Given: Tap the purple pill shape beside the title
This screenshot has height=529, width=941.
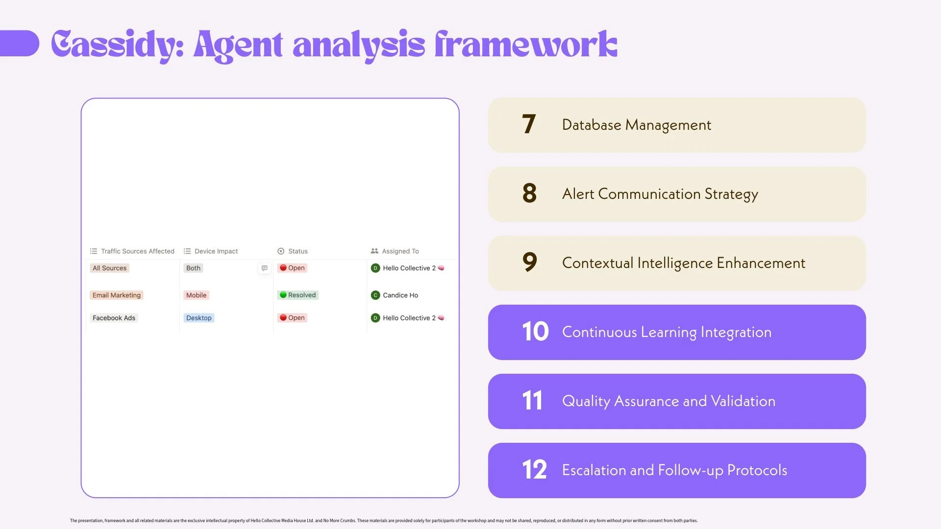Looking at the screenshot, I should point(20,44).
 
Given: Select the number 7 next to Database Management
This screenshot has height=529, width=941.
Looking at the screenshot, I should point(528,124).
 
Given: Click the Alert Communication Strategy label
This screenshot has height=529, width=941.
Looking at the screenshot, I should point(660,194).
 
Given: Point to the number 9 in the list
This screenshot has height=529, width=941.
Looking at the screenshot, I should point(529,263).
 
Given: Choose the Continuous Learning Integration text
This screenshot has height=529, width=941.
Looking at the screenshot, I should point(667,332).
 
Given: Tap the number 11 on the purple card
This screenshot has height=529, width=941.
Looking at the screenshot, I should point(532,401).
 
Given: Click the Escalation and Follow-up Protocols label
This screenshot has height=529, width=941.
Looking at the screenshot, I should point(674,470).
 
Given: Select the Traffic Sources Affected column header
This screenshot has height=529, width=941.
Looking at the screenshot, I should point(137,251).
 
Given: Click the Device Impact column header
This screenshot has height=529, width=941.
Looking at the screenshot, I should point(216,251).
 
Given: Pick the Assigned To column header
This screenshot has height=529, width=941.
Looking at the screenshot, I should point(400,251).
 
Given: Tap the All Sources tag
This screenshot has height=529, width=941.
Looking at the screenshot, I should point(109,268).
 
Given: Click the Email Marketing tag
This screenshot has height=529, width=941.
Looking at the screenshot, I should point(117,295).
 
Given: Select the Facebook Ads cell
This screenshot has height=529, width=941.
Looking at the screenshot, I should point(114,318).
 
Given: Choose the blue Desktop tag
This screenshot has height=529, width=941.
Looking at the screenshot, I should point(198,318).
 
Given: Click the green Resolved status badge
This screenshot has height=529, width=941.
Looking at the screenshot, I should point(297,295).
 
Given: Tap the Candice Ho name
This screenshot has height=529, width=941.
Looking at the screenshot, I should point(400,295).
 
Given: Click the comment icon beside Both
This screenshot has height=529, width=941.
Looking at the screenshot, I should point(264,268).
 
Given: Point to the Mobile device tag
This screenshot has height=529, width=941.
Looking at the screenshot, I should point(196,295).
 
